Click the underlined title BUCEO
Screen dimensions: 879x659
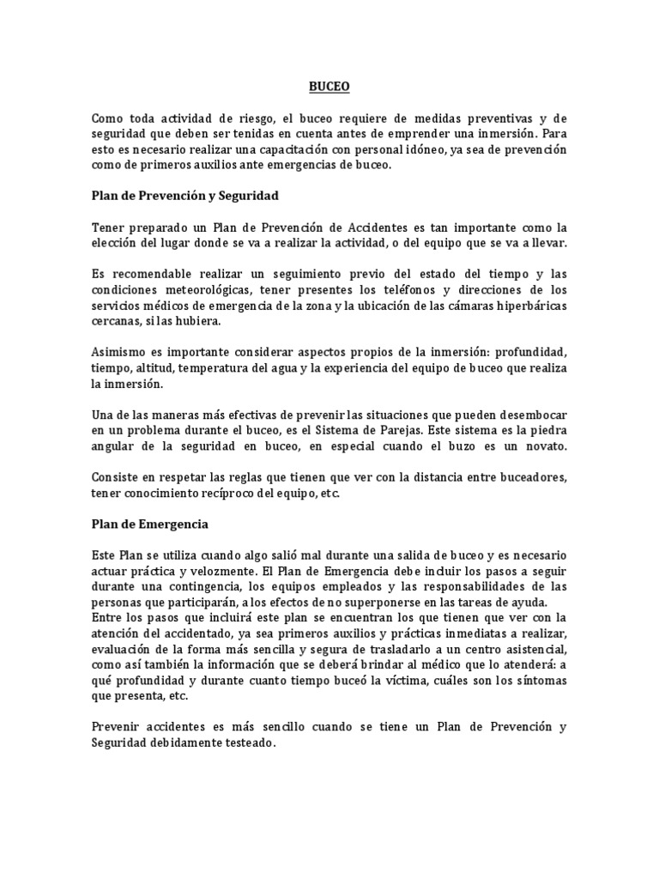point(329,86)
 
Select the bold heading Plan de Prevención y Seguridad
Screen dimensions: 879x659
point(185,196)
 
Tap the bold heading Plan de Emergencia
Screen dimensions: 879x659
point(150,523)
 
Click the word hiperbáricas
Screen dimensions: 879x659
point(529,306)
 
